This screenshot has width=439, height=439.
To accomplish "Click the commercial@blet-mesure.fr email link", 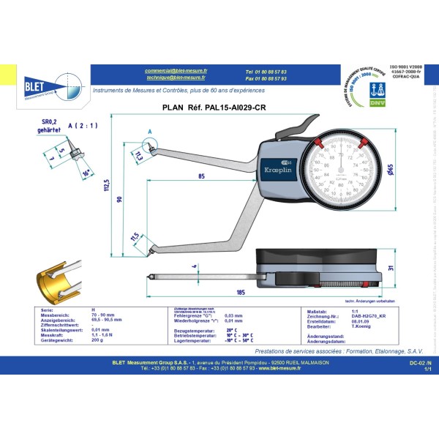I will click(176, 71).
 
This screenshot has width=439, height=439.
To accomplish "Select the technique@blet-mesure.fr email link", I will click(176, 78).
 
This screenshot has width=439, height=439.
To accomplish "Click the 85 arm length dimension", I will click(200, 176).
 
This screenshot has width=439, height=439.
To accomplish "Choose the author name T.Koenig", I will click(339, 327).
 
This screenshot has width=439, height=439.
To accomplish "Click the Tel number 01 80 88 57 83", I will click(266, 72).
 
